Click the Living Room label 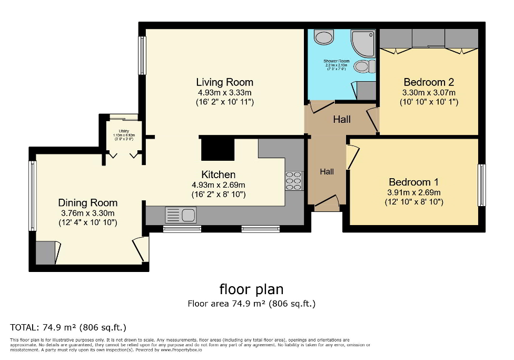[x=224, y=82]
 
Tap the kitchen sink [x=180, y=215]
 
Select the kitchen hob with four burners [x=294, y=181]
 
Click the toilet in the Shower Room [x=363, y=66]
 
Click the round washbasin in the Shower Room [x=323, y=37]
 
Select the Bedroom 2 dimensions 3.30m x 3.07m [x=429, y=92]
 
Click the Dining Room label [x=87, y=203]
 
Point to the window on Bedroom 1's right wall [x=481, y=185]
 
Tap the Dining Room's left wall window [x=33, y=196]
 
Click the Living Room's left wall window [x=142, y=55]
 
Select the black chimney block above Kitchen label [x=218, y=148]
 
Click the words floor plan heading [x=251, y=289]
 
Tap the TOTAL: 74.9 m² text [x=68, y=327]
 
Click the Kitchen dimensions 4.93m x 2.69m [x=218, y=185]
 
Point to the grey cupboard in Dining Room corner [x=46, y=252]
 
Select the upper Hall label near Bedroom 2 [x=342, y=120]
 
